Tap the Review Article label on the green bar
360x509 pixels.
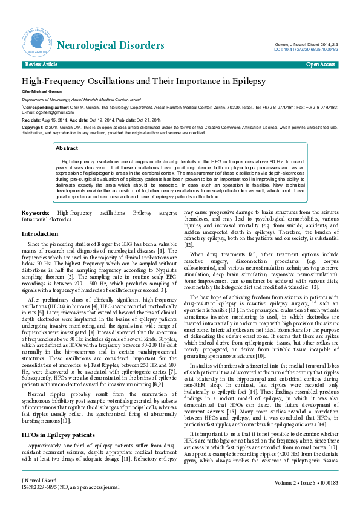41,64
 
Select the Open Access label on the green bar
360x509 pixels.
320,64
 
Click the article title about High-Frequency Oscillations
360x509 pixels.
144,80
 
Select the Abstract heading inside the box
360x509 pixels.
67,148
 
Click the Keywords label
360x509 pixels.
35,213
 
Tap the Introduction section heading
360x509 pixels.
40,233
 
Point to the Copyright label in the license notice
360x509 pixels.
33,128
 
